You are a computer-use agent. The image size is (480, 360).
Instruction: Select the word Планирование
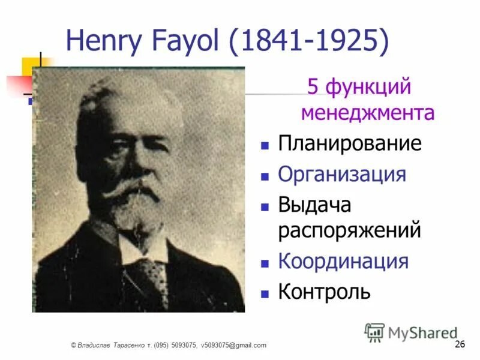click(x=349, y=144)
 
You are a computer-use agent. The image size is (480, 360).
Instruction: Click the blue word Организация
click(x=342, y=175)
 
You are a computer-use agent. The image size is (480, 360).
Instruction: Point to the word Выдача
click(x=314, y=205)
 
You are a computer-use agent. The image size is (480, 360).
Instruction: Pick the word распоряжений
click(x=349, y=231)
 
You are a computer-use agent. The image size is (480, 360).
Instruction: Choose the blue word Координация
click(x=343, y=262)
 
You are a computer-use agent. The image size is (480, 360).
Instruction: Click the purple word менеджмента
click(x=367, y=113)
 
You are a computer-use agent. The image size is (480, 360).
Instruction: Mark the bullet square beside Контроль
click(x=264, y=294)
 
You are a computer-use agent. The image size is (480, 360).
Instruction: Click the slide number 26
click(x=460, y=344)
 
